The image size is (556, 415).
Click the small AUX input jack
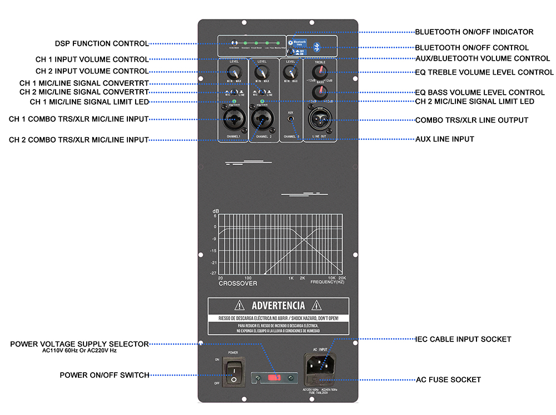point(290,120)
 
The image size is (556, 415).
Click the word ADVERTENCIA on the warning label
point(278,305)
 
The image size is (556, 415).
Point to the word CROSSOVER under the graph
point(238,284)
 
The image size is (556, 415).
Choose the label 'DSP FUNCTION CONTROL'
point(102,43)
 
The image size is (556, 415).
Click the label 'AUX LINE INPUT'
point(445,139)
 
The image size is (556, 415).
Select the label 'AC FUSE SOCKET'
point(448,380)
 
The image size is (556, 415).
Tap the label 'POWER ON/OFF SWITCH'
point(105,375)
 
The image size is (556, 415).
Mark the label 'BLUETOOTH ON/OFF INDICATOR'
point(474,32)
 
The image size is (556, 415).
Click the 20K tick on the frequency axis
point(342,278)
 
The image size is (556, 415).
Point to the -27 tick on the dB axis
point(214,274)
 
